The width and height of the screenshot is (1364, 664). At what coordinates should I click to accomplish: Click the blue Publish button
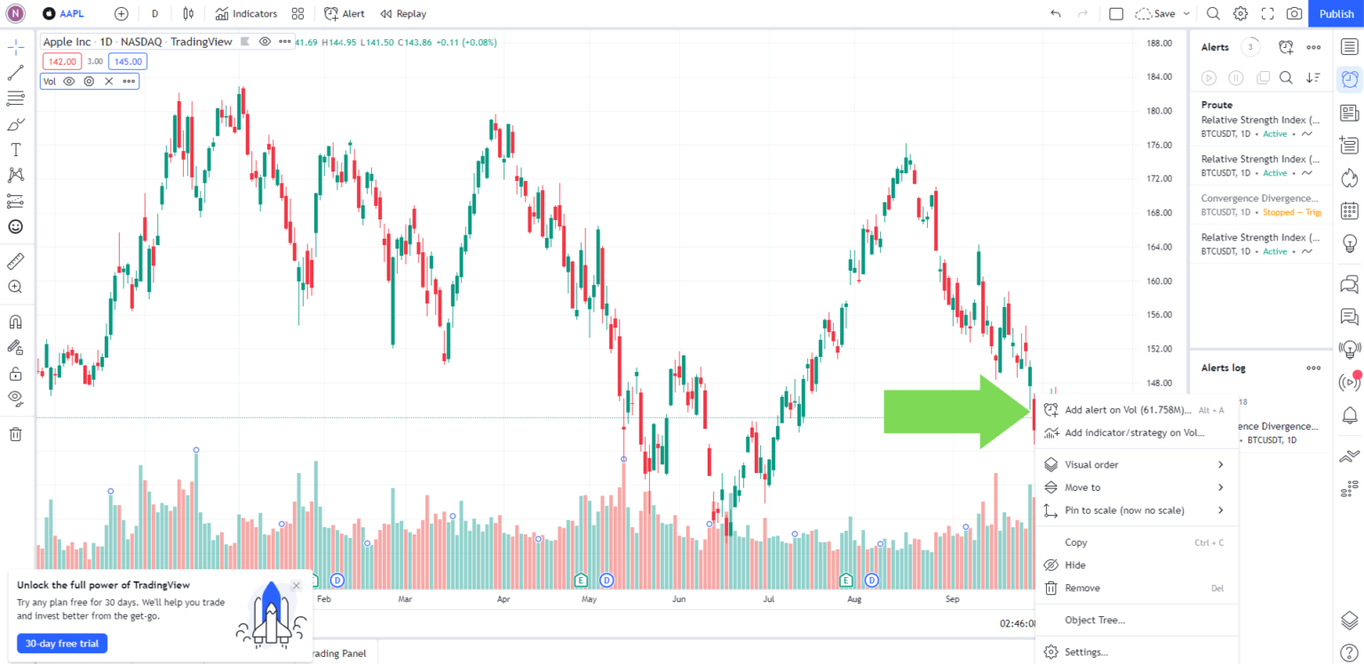[1336, 13]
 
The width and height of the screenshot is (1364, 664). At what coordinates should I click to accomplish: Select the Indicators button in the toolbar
[247, 13]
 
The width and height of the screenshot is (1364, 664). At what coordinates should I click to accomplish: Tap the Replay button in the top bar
[403, 13]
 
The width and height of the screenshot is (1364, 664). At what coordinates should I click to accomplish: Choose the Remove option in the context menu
[1082, 588]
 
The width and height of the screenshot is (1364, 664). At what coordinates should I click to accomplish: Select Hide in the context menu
[1075, 565]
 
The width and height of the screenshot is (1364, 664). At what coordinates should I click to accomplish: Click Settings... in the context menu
[1086, 652]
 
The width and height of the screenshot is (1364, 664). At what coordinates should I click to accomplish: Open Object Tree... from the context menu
[1095, 620]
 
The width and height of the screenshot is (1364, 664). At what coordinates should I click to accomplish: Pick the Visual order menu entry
[1091, 464]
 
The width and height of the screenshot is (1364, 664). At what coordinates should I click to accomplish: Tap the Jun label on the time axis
[678, 599]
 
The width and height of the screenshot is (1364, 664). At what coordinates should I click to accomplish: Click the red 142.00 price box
[62, 61]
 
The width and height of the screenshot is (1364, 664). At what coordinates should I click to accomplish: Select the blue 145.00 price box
[128, 61]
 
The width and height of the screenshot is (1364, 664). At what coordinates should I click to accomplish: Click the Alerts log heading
[1223, 368]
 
